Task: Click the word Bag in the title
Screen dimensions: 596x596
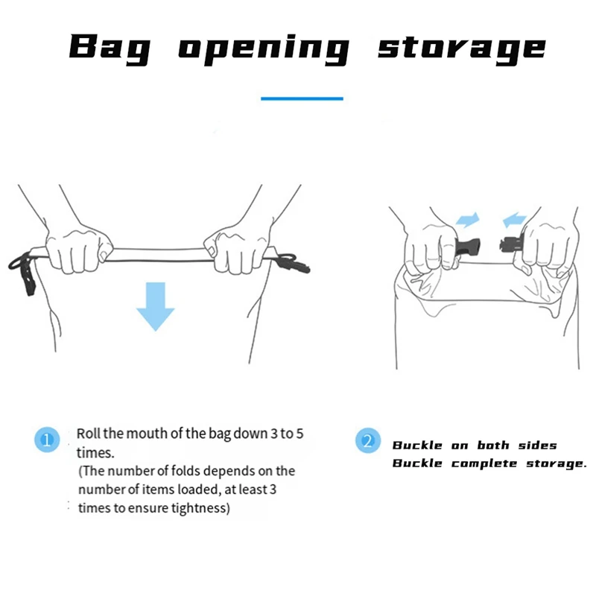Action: (110, 48)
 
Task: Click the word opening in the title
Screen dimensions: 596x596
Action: (264, 49)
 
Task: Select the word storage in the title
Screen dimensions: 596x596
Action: (462, 49)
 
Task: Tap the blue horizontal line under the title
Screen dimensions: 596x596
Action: (302, 98)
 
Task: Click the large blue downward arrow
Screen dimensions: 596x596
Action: (156, 306)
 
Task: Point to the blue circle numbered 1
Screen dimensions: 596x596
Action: (47, 440)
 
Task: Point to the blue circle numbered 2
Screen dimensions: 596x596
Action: (367, 440)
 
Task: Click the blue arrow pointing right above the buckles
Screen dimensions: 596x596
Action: (468, 220)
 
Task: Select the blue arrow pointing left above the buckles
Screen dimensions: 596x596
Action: (514, 220)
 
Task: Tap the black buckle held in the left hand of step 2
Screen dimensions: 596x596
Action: (469, 247)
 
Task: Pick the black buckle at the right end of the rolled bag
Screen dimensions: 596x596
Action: (294, 263)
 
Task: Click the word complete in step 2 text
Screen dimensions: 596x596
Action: (484, 463)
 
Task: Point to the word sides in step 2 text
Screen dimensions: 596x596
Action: (537, 445)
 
